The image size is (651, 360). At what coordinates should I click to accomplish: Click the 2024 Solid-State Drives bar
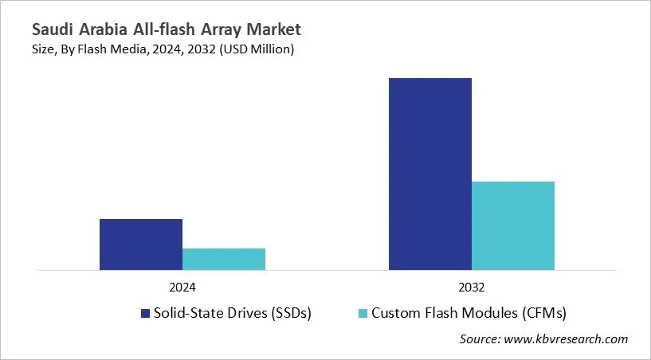click(141, 245)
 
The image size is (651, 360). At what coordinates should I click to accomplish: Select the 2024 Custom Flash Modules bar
click(224, 259)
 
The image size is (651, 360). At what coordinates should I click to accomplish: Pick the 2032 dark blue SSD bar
click(430, 174)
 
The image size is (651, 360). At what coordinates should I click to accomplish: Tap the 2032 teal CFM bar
click(513, 225)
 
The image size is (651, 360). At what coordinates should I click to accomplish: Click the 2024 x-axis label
click(182, 287)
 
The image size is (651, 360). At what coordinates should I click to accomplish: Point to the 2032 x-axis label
click(472, 287)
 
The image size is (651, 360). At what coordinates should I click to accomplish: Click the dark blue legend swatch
click(145, 313)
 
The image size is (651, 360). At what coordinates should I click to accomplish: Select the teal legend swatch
click(363, 313)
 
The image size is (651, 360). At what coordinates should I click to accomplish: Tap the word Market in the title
click(273, 30)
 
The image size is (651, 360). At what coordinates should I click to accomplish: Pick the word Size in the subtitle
click(45, 49)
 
